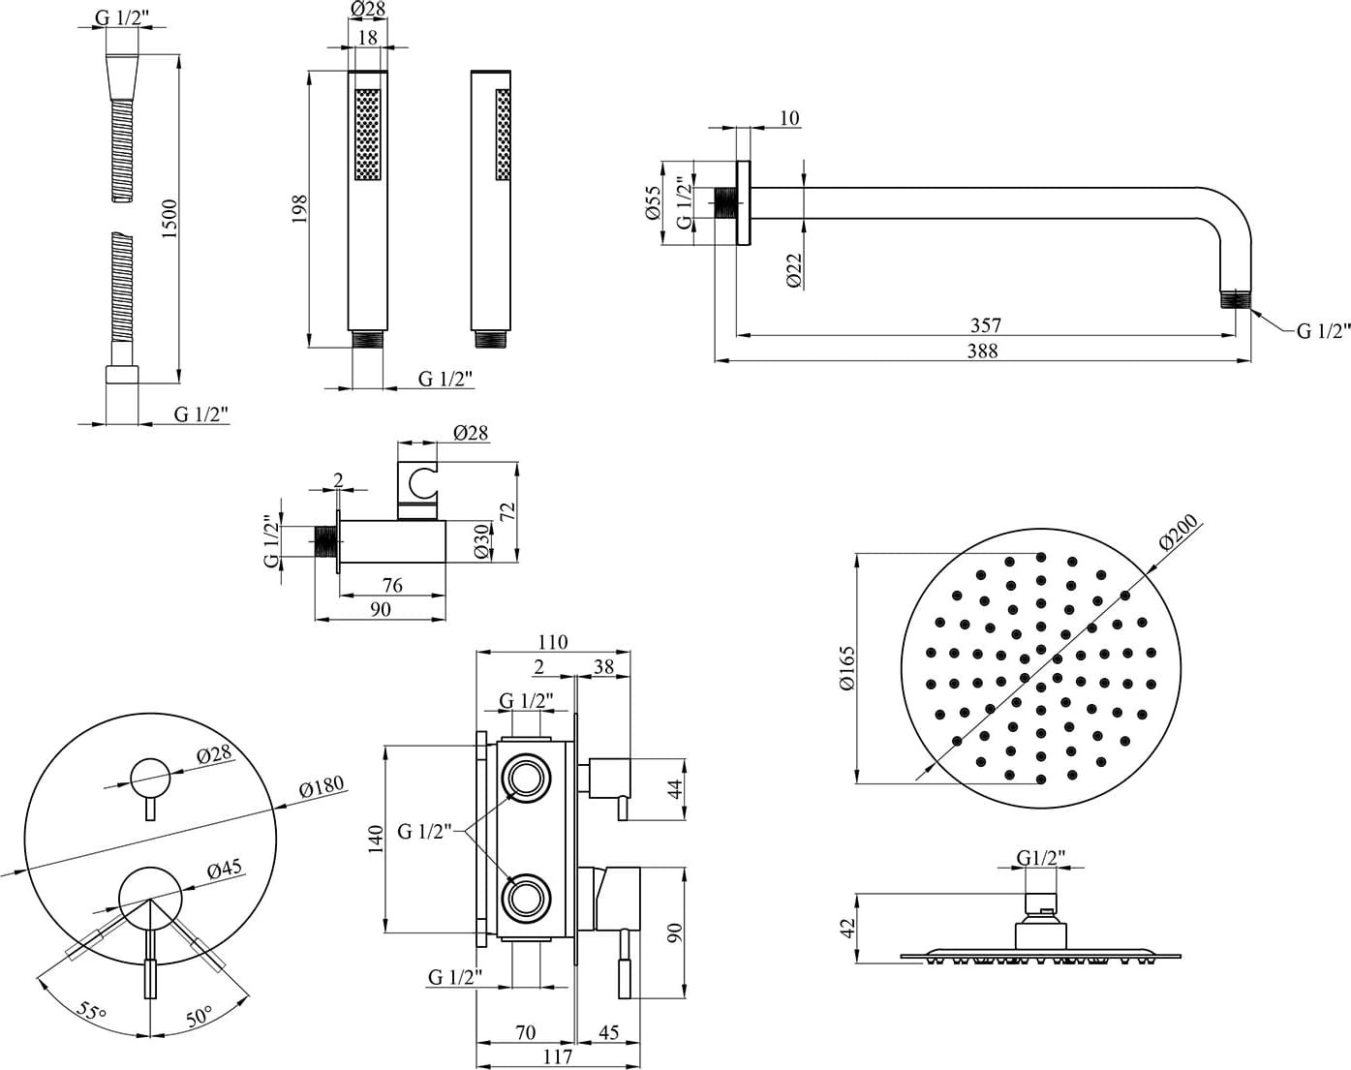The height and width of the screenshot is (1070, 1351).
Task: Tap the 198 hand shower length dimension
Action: click(299, 209)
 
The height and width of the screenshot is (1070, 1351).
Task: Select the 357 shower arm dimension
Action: click(985, 325)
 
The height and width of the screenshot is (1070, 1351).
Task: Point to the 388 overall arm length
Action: click(982, 351)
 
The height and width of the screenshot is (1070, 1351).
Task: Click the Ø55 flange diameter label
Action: click(653, 202)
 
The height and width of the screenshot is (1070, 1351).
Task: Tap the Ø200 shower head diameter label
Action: click(1178, 534)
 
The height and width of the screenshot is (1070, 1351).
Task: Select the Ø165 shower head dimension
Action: click(847, 668)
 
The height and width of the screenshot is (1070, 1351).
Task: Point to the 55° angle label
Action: click(91, 1013)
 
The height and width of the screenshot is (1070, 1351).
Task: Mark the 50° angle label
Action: click(199, 1017)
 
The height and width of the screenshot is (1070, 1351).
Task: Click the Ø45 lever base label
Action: click(224, 870)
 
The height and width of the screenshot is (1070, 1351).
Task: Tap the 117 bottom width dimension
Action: click(559, 1056)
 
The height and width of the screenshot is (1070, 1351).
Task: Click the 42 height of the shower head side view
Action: click(848, 929)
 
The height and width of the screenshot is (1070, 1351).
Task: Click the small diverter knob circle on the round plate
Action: click(149, 776)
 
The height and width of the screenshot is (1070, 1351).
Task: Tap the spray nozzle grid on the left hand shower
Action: click(368, 135)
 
